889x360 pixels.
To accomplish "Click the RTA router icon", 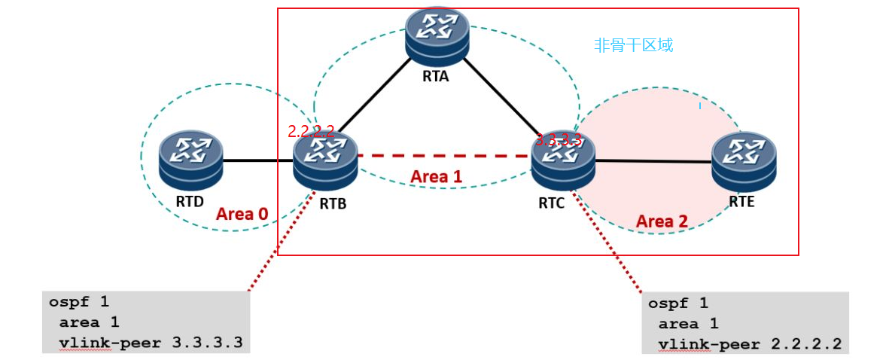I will tap(437, 34).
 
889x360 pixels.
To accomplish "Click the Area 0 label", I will tap(242, 213).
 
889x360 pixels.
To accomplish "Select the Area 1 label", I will tap(436, 176).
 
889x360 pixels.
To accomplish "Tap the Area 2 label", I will tap(662, 221).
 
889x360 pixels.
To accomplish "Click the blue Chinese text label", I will tap(632, 45).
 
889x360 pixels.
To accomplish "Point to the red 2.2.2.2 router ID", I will tap(310, 131).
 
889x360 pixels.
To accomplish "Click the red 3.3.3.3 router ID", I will tap(558, 139).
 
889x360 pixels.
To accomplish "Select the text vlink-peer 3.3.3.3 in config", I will tap(150, 343).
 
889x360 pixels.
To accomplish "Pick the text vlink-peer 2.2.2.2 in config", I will tap(749, 345).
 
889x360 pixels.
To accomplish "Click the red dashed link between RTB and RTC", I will tap(444, 156).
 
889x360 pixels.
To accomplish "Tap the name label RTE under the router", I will tap(741, 202).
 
